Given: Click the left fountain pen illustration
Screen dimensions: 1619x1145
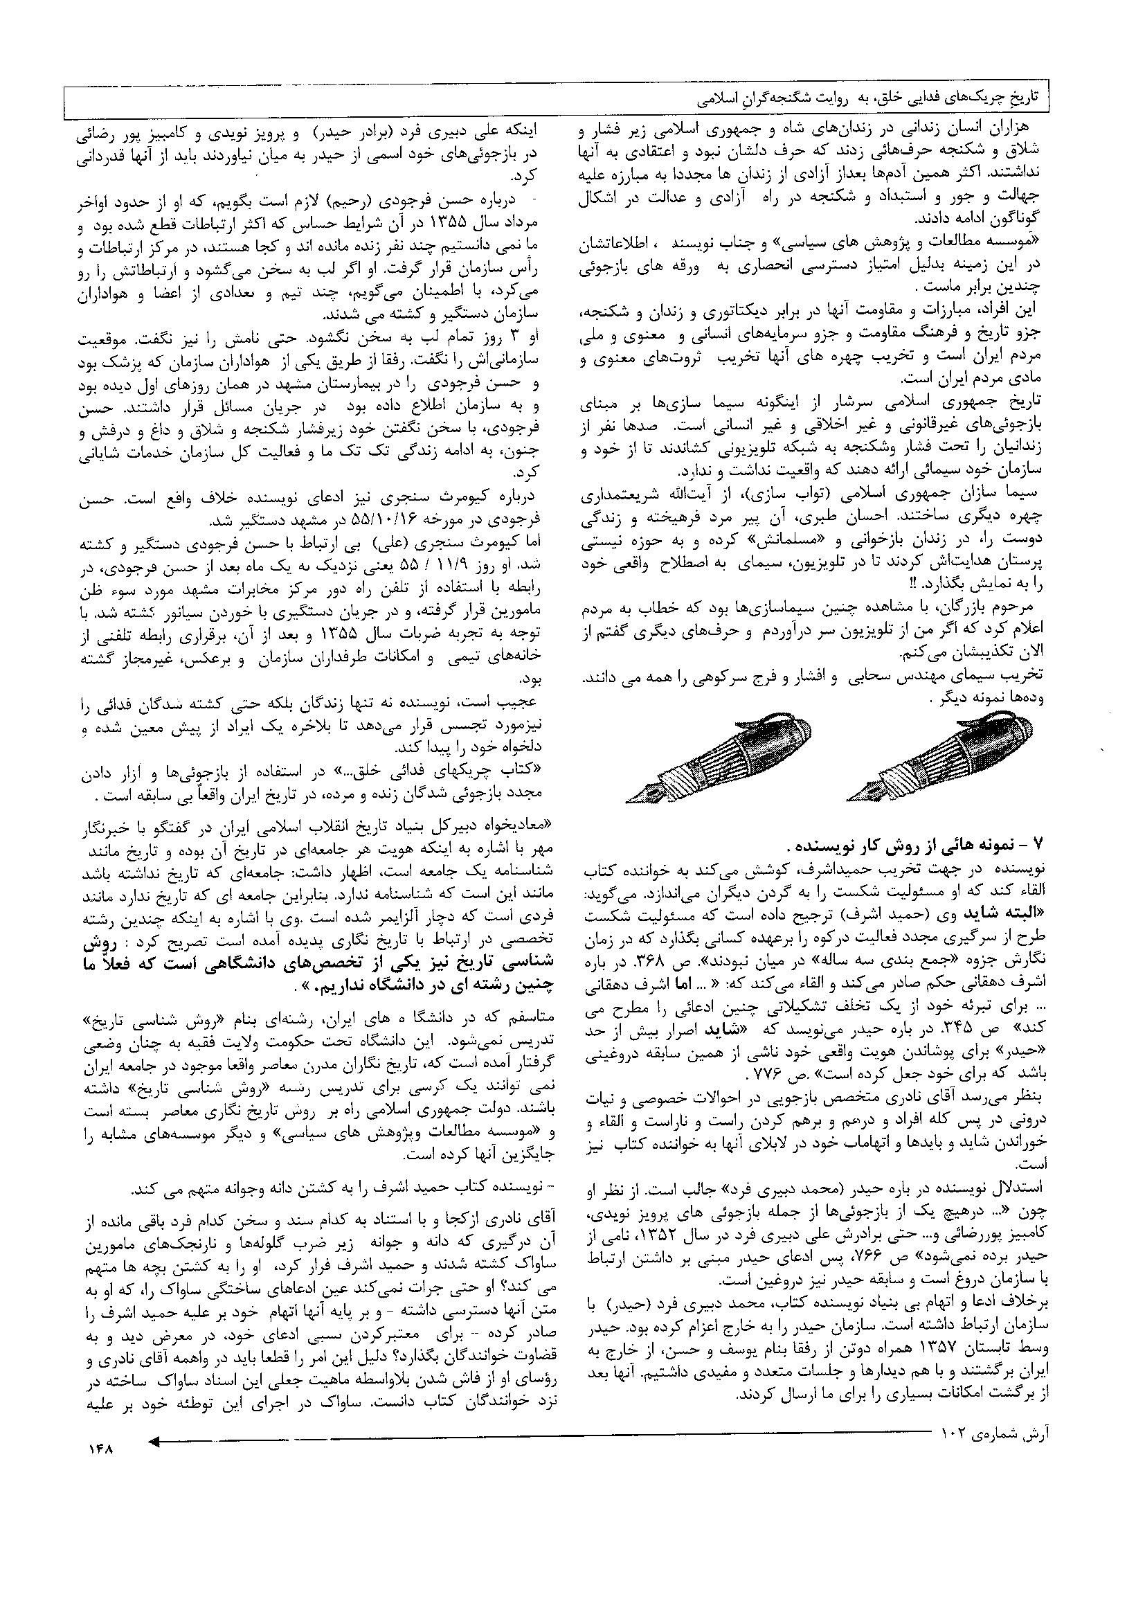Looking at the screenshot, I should [x=719, y=759].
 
